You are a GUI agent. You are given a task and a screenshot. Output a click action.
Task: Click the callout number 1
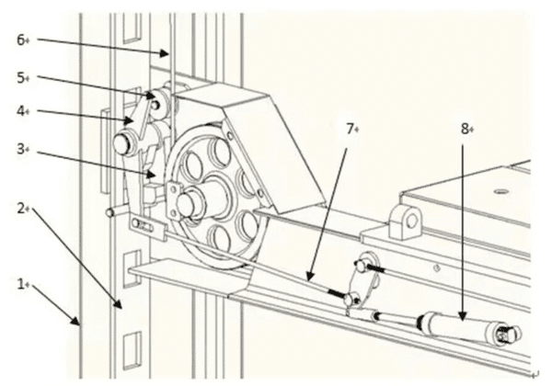coord(20,284)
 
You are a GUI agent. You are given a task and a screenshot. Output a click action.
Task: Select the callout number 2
coord(21,209)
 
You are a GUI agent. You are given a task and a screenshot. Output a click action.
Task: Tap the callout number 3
coord(21,149)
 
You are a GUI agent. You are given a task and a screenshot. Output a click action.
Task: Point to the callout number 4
coord(21,111)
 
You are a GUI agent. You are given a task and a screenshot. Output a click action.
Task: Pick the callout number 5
coord(21,78)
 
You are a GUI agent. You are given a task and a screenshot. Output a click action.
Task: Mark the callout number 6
coord(21,40)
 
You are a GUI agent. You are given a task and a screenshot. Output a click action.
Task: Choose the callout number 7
coord(350,130)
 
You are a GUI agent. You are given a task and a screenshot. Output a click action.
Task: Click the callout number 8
coord(465,130)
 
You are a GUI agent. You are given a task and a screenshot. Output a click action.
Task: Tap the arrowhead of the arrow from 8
coord(463,317)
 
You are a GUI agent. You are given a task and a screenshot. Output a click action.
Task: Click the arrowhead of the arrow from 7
coord(309,278)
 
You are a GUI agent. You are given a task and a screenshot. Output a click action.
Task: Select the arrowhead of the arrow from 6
coord(165,53)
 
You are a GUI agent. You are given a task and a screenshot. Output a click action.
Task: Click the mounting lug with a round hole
coord(406,221)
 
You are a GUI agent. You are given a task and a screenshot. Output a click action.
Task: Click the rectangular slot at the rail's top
coord(132,28)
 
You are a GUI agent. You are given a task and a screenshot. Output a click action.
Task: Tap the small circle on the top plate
coord(500,192)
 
